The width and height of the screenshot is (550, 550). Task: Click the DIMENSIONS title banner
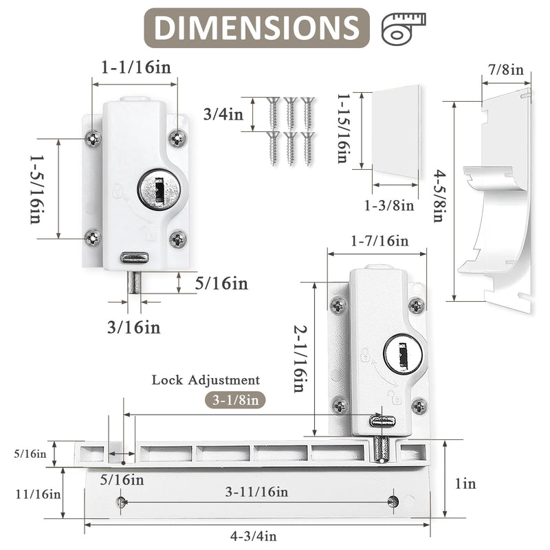pos(256,27)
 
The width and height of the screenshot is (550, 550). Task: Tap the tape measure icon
pos(404,29)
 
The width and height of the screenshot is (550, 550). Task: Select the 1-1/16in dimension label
pos(136,67)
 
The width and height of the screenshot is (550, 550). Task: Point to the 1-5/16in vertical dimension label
pos(37,190)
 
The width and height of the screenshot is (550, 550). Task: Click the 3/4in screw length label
pos(223,114)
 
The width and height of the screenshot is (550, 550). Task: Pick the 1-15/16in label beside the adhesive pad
pos(343,129)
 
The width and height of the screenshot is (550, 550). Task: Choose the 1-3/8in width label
pos(389,205)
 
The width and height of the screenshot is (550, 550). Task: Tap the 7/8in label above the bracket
pos(506,69)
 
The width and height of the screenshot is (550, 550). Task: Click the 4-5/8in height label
pos(439,196)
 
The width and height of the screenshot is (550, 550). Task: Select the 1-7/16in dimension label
pos(380,241)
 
